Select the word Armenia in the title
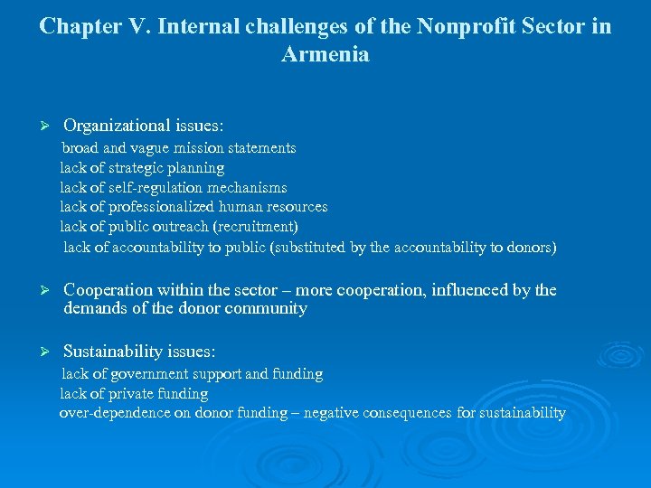click(325, 54)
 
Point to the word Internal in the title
click(197, 26)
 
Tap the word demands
click(93, 309)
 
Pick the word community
click(266, 309)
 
